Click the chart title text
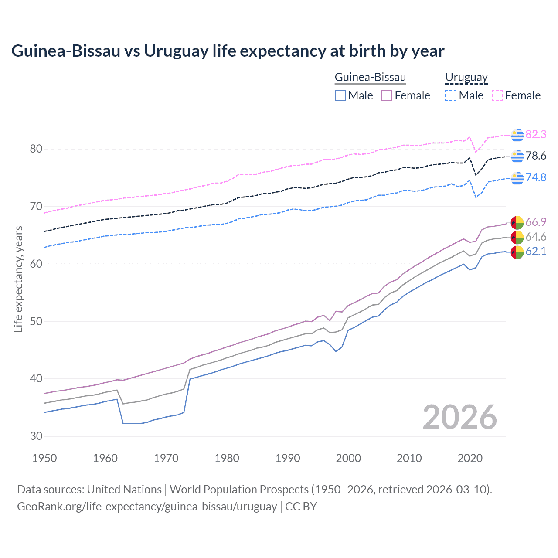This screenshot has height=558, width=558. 228,51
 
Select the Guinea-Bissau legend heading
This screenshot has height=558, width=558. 370,77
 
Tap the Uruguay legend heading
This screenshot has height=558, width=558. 466,77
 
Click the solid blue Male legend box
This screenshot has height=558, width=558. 340,95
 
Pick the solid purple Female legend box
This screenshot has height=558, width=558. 387,95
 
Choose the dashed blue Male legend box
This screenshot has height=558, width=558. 451,95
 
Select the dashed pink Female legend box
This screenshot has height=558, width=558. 497,95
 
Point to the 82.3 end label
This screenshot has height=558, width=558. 536,134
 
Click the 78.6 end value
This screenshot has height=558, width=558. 536,156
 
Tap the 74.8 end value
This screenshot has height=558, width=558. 536,177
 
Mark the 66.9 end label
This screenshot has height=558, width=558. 536,222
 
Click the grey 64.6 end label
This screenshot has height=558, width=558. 536,237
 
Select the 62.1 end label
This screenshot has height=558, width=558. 536,251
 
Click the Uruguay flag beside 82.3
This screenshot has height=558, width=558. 517,135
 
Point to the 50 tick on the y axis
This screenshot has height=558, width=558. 36,321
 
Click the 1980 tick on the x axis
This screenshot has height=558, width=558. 227,458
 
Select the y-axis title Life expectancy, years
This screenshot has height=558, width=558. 18,279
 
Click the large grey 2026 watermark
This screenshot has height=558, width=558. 459,417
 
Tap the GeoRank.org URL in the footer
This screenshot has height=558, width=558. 147,507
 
